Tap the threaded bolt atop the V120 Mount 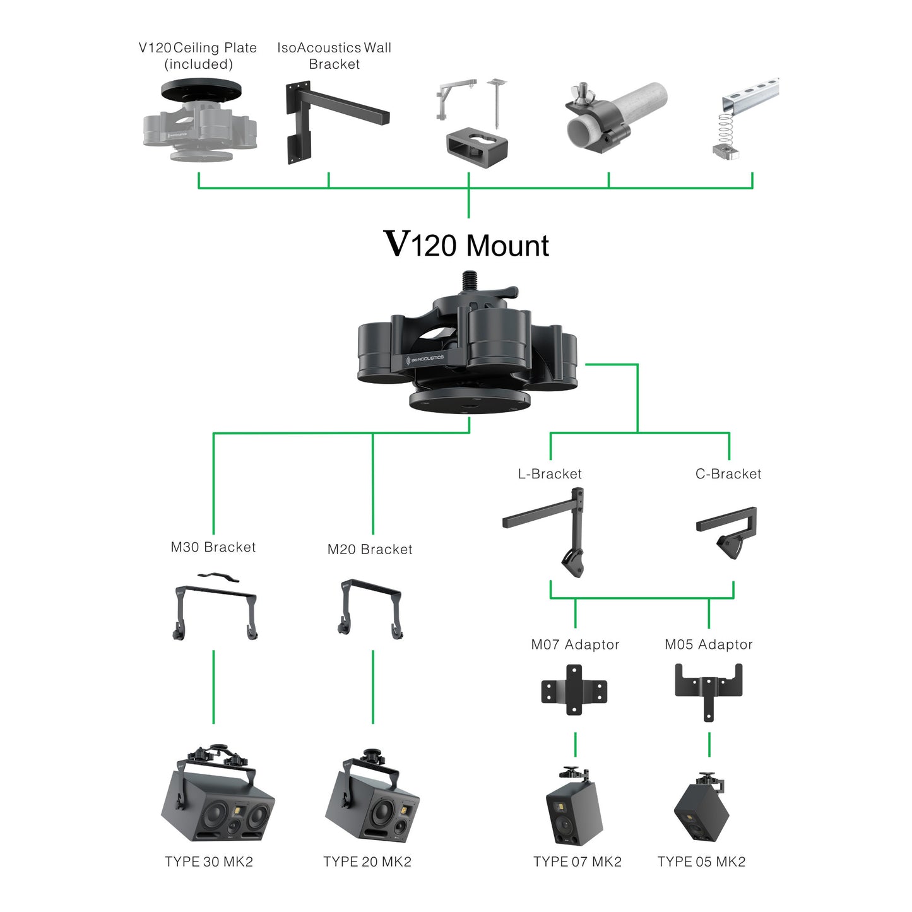point(469,280)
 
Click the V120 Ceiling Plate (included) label point(198,56)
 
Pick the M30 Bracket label point(213,547)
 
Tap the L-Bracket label point(550,474)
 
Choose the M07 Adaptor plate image point(574,689)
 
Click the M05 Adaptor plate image point(708,690)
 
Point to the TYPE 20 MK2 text point(367,862)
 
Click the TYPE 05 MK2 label point(701,862)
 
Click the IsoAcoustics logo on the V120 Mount point(427,359)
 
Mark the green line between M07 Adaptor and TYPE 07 point(575,745)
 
